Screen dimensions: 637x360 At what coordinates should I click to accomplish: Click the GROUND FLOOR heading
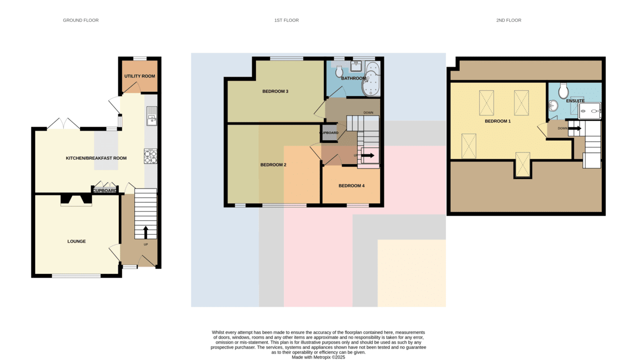81,20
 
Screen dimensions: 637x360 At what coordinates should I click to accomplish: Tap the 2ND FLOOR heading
509,20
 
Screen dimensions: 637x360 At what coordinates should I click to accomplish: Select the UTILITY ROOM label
140,76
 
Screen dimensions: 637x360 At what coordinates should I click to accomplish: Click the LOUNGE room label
76,242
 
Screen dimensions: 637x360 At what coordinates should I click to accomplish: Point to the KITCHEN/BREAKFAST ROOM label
96,158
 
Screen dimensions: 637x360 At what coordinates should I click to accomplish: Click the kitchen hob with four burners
150,157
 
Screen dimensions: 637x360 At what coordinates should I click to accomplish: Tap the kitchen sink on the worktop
152,116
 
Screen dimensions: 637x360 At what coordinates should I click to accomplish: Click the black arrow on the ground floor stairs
145,233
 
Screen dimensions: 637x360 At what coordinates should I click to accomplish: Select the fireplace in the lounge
76,200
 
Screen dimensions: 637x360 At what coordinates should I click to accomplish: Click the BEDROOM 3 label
276,91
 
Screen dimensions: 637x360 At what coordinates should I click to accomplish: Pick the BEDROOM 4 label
351,186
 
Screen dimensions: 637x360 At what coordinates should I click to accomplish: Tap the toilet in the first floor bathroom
339,71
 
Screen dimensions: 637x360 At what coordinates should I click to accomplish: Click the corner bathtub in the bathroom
371,79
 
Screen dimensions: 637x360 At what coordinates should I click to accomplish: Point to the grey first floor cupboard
329,133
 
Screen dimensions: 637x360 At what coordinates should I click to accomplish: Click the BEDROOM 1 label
498,121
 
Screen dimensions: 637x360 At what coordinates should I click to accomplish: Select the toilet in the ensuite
563,91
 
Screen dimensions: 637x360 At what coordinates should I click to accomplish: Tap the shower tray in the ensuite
590,110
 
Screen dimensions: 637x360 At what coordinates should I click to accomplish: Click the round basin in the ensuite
553,106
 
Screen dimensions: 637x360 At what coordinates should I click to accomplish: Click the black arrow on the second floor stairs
575,128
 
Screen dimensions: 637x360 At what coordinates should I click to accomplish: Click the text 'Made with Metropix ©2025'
318,357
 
